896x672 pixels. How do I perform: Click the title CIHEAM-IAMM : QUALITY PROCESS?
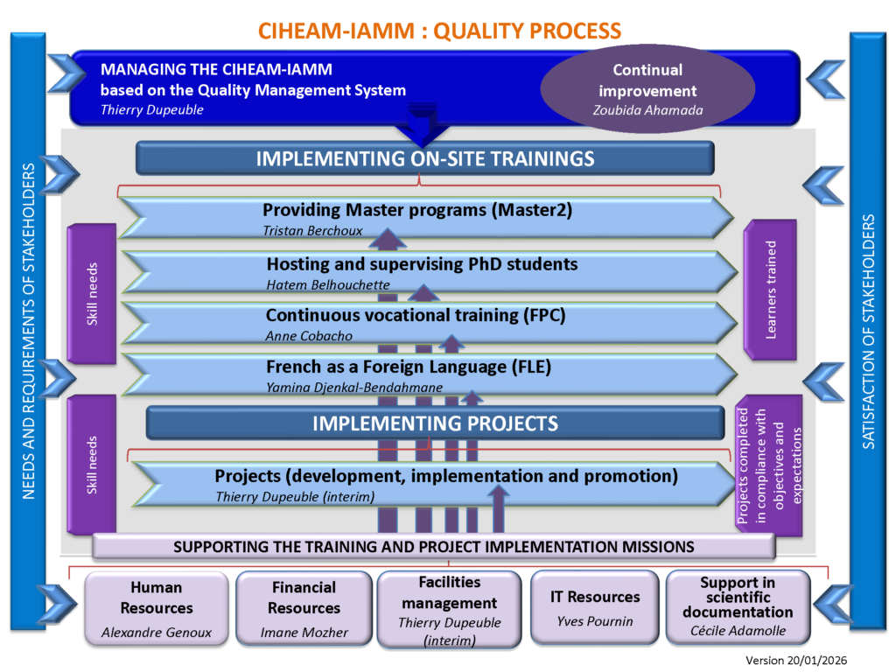click(439, 31)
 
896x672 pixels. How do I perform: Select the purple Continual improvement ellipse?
click(647, 89)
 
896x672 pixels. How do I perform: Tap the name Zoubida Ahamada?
click(647, 111)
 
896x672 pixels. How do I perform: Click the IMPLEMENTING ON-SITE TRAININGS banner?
click(425, 159)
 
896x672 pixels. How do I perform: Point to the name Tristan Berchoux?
click(312, 231)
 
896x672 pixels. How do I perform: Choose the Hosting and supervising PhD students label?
click(422, 264)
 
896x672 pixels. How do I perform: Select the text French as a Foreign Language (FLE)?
click(409, 367)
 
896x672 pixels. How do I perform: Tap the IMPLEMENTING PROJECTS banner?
click(435, 423)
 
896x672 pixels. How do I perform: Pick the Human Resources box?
click(157, 608)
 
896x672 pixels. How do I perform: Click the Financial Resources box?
click(303, 608)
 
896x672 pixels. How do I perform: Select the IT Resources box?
click(595, 608)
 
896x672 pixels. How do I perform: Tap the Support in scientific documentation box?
click(738, 608)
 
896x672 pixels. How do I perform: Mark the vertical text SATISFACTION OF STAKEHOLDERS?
click(868, 332)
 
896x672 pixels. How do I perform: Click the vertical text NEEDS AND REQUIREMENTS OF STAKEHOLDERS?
click(28, 332)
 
